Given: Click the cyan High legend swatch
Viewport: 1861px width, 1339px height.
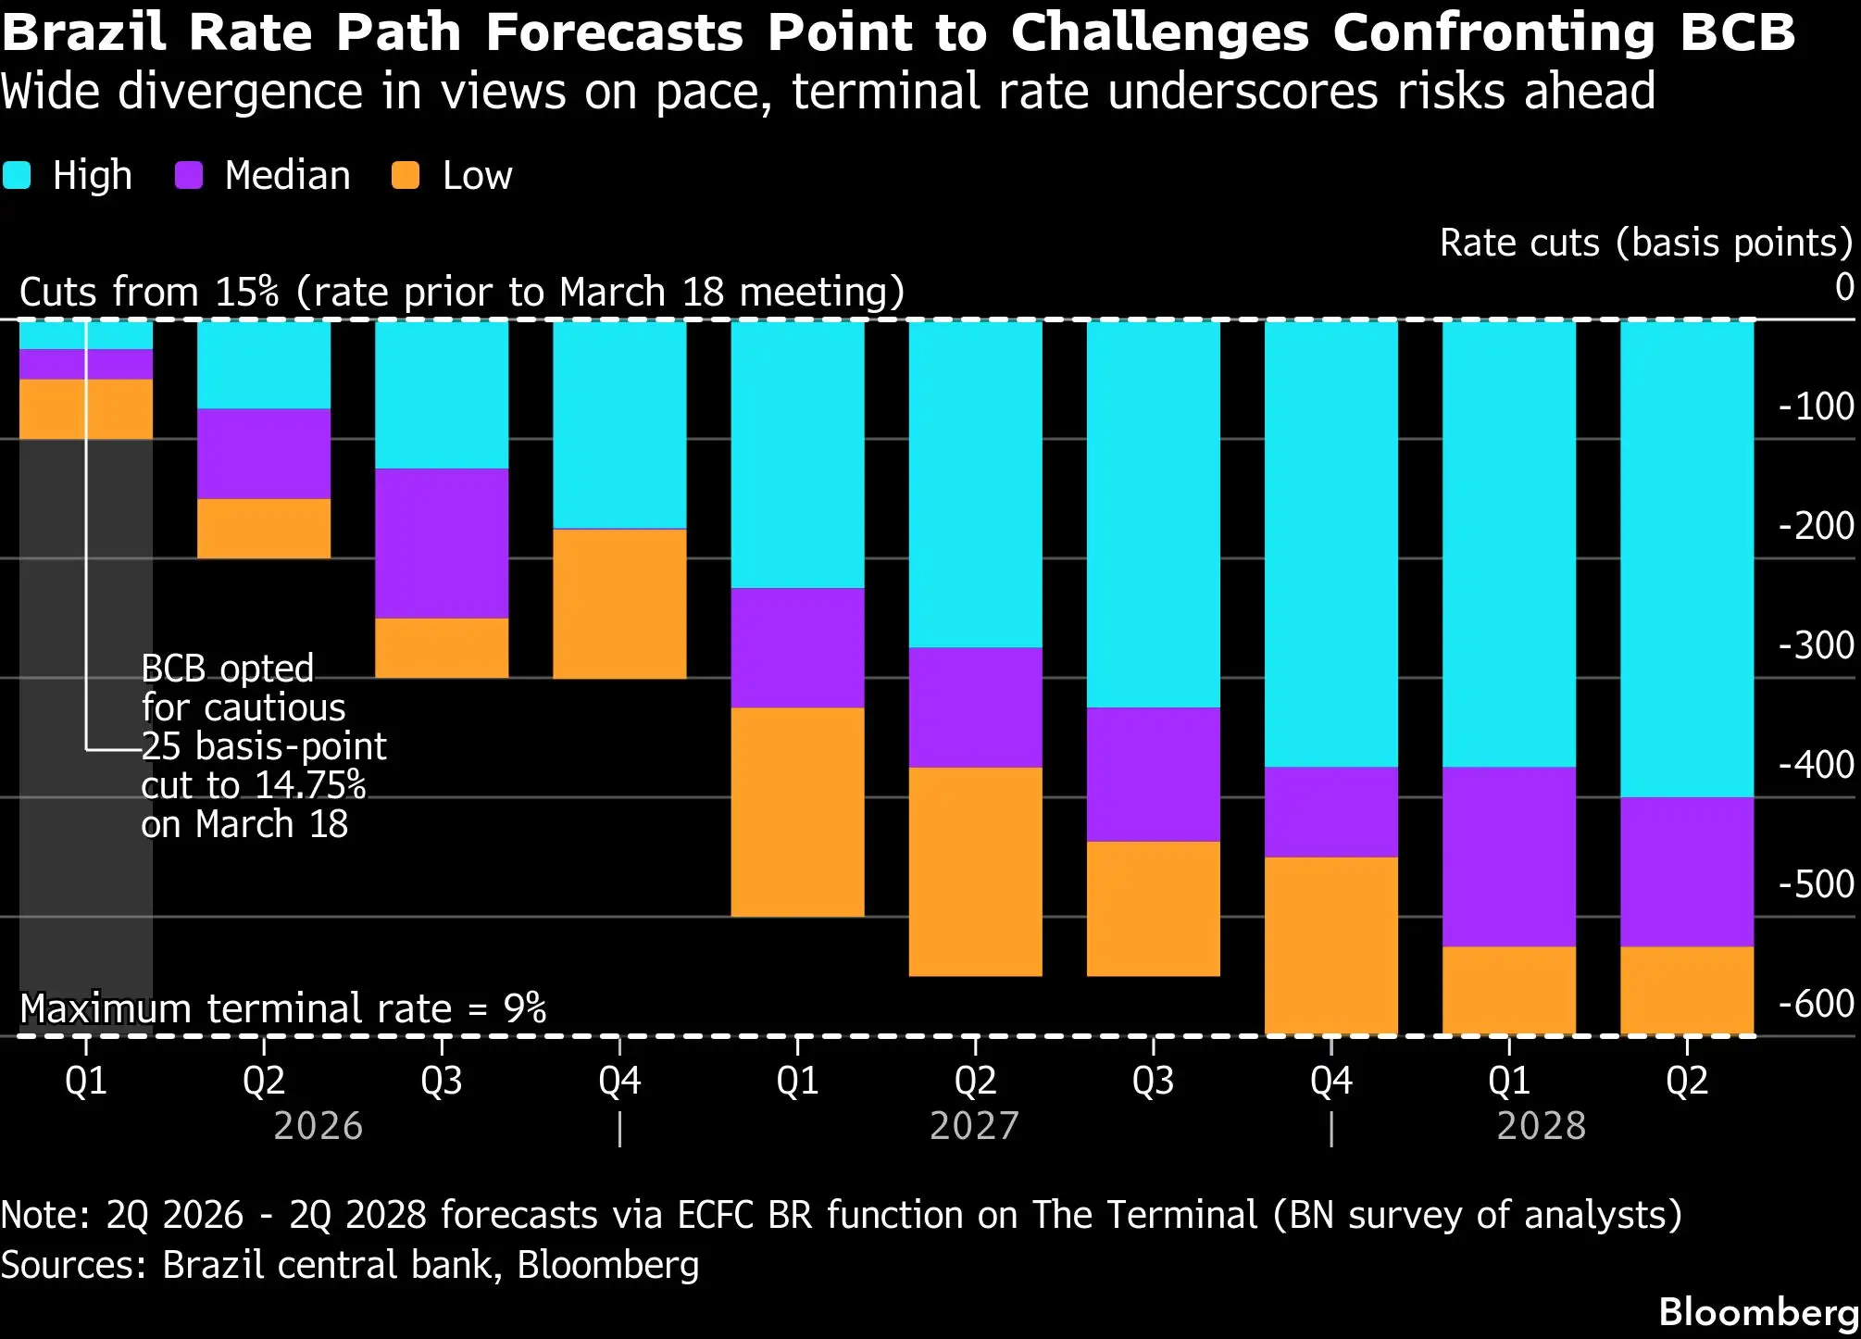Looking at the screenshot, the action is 17,175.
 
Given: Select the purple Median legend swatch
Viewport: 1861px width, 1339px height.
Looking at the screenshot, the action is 189,175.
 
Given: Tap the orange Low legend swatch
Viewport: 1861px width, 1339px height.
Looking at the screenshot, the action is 406,175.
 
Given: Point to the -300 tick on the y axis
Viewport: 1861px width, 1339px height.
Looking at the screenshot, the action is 1816,645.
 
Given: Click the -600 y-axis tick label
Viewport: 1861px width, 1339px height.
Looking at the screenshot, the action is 1816,1004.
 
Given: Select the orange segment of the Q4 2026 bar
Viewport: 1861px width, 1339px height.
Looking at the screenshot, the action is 619,604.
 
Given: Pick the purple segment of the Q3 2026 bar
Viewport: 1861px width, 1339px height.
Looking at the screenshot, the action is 442,544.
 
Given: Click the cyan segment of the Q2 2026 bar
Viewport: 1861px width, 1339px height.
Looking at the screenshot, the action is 264,365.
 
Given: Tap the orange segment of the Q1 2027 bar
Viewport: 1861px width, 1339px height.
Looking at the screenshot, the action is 797,812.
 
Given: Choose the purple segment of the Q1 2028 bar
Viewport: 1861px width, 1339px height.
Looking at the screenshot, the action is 1509,857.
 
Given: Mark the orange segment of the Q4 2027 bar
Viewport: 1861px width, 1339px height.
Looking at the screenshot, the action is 1331,945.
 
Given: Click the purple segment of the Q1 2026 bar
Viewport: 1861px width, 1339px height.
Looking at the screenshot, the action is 86,365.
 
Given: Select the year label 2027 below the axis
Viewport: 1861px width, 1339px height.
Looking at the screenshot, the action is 974,1126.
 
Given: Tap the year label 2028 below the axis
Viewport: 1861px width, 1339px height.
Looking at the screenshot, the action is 1542,1126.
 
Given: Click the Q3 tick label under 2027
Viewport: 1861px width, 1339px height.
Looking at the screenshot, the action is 1153,1081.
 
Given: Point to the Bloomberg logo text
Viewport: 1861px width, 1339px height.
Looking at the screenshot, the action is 1759,1312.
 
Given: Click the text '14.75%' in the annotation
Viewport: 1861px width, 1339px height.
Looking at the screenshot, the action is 310,785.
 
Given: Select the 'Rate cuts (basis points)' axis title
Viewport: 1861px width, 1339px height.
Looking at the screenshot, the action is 1646,243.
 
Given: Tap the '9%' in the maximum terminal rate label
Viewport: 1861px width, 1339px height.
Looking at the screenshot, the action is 525,1008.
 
